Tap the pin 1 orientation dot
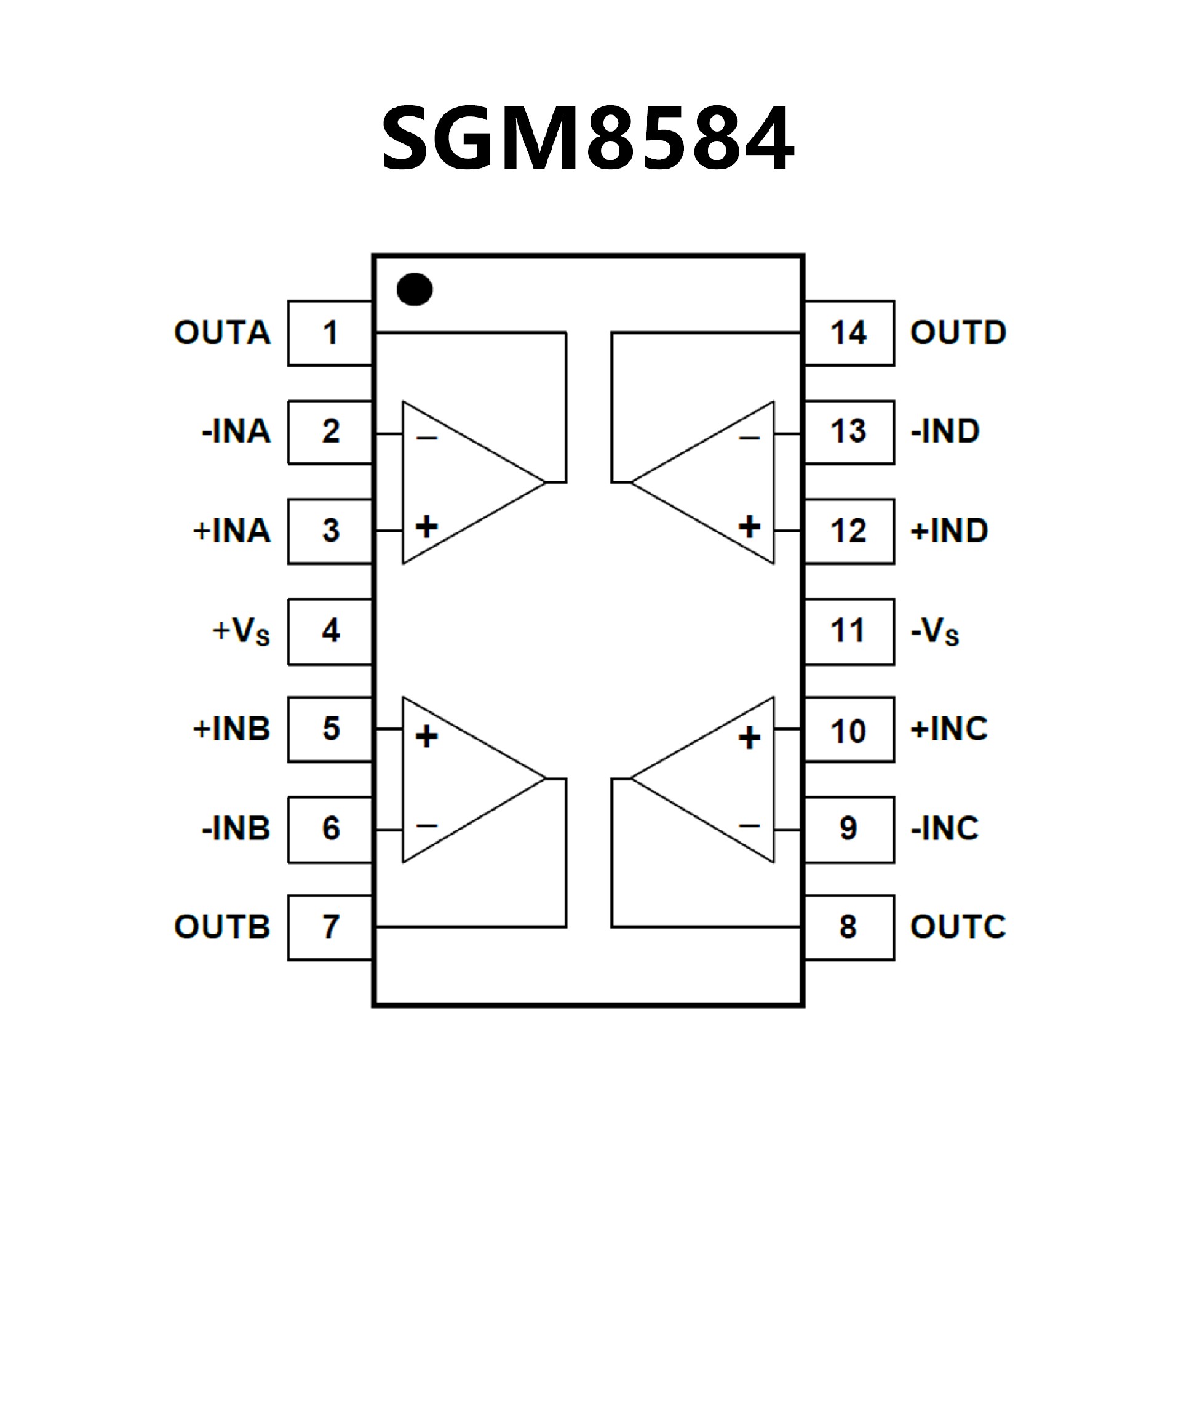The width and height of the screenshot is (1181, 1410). (414, 289)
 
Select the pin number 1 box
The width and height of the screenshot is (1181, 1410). (330, 333)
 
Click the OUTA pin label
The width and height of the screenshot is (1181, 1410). (222, 332)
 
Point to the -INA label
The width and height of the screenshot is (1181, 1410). (236, 431)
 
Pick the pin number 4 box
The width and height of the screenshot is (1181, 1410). (330, 631)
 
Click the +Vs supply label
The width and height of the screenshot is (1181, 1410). (241, 631)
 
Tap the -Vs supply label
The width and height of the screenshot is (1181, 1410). (935, 631)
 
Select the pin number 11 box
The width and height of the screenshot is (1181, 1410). (848, 631)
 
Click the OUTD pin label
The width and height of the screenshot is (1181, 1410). (958, 332)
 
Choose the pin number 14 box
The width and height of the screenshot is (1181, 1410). (848, 333)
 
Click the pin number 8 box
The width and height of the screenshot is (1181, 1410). (848, 927)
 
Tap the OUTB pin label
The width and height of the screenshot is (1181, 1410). (222, 927)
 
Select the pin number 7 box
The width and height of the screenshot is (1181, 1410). (330, 927)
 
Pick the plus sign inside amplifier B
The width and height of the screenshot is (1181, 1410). (427, 737)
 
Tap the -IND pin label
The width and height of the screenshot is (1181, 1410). (945, 431)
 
